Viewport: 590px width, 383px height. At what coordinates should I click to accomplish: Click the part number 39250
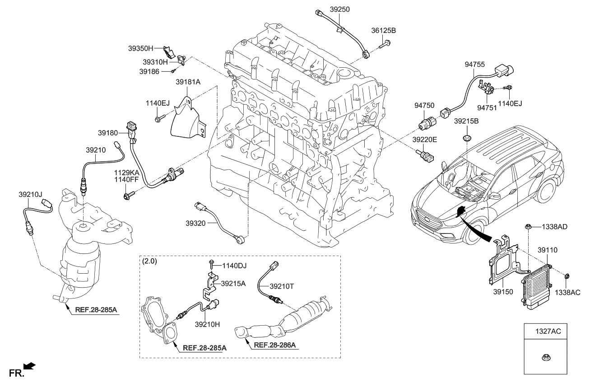coord(340,9)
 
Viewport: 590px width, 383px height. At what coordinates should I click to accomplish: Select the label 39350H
coord(141,48)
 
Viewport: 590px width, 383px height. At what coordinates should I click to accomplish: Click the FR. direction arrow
coord(29,365)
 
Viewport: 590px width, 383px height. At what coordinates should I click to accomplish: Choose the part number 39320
coord(195,223)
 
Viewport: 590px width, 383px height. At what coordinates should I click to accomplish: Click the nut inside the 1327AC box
coord(545,358)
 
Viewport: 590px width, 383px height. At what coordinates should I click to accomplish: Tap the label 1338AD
coord(554,227)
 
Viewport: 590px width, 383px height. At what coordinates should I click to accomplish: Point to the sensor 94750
coord(427,123)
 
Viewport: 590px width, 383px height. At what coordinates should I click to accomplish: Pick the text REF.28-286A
coord(275,345)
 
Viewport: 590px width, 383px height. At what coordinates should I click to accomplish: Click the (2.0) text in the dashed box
coord(149,262)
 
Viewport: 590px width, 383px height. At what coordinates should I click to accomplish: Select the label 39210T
coord(282,286)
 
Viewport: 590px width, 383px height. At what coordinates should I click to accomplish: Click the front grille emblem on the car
coord(424,220)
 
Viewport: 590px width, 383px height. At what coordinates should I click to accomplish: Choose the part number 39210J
coord(30,195)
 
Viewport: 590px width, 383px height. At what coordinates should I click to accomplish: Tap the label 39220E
coord(425,140)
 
